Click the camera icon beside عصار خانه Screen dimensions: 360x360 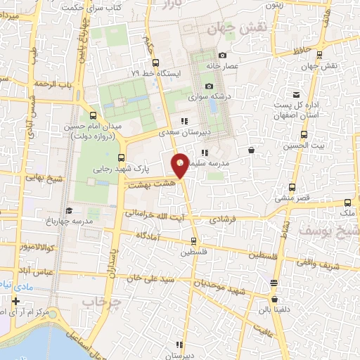coord(222,56)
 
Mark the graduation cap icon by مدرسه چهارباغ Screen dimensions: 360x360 coord(68,210)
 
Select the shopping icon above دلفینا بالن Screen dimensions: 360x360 coord(274,283)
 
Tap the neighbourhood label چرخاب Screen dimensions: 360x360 coord(102,301)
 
